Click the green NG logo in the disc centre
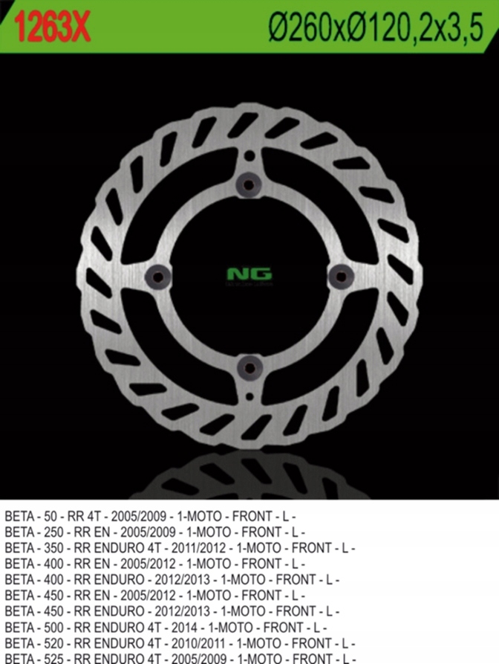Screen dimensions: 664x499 [x=249, y=274]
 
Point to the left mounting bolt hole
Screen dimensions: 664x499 [x=158, y=276]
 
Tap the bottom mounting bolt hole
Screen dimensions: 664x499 [x=249, y=367]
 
